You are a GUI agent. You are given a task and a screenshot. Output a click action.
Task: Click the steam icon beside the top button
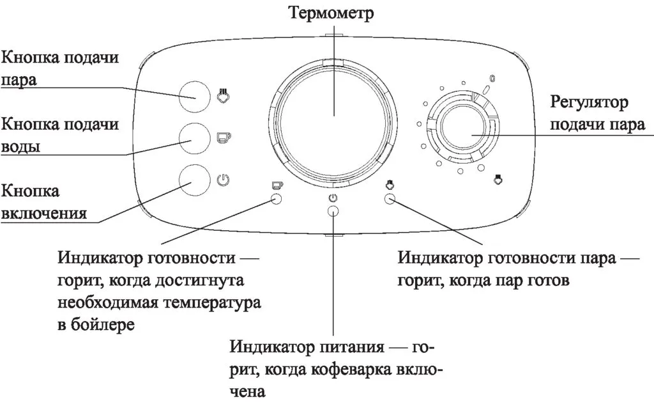223,96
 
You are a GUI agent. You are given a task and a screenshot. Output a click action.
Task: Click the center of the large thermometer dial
331,114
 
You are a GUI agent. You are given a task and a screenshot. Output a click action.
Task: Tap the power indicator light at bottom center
332,212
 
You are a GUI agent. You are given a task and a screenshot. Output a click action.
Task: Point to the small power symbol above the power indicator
332,198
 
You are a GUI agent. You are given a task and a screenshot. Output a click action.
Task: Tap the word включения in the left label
45,212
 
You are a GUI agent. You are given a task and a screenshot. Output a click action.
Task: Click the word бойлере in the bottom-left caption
103,324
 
